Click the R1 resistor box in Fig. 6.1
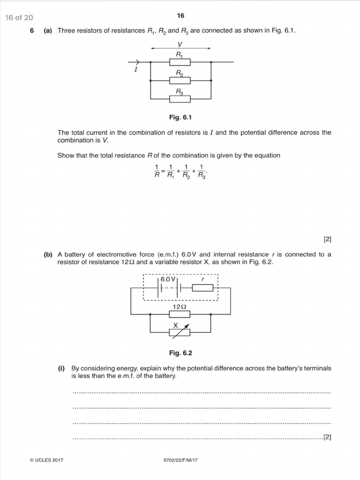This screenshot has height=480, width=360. coord(180,61)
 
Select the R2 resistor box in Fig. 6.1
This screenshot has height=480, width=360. coord(180,80)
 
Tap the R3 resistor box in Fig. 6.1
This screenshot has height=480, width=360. coord(180,99)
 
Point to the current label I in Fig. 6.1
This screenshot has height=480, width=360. coord(135,69)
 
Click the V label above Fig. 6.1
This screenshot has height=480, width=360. coord(180,44)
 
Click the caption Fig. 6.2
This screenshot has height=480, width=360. coord(180,352)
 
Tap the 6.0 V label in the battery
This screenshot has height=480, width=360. coord(167,279)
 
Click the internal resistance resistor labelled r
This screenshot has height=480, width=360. coord(202,287)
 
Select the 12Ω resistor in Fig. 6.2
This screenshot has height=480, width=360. coord(180,314)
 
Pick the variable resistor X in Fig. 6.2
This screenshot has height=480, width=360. coord(180,332)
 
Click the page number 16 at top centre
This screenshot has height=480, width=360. coord(180,16)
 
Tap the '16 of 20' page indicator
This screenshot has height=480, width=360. coord(19,18)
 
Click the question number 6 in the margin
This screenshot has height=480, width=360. coord(32,31)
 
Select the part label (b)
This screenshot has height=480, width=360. coord(48,255)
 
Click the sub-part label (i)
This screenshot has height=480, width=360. coord(61,368)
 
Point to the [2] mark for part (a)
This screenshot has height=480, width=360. coord(327,239)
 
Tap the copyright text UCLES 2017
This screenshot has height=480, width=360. coord(46,460)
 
